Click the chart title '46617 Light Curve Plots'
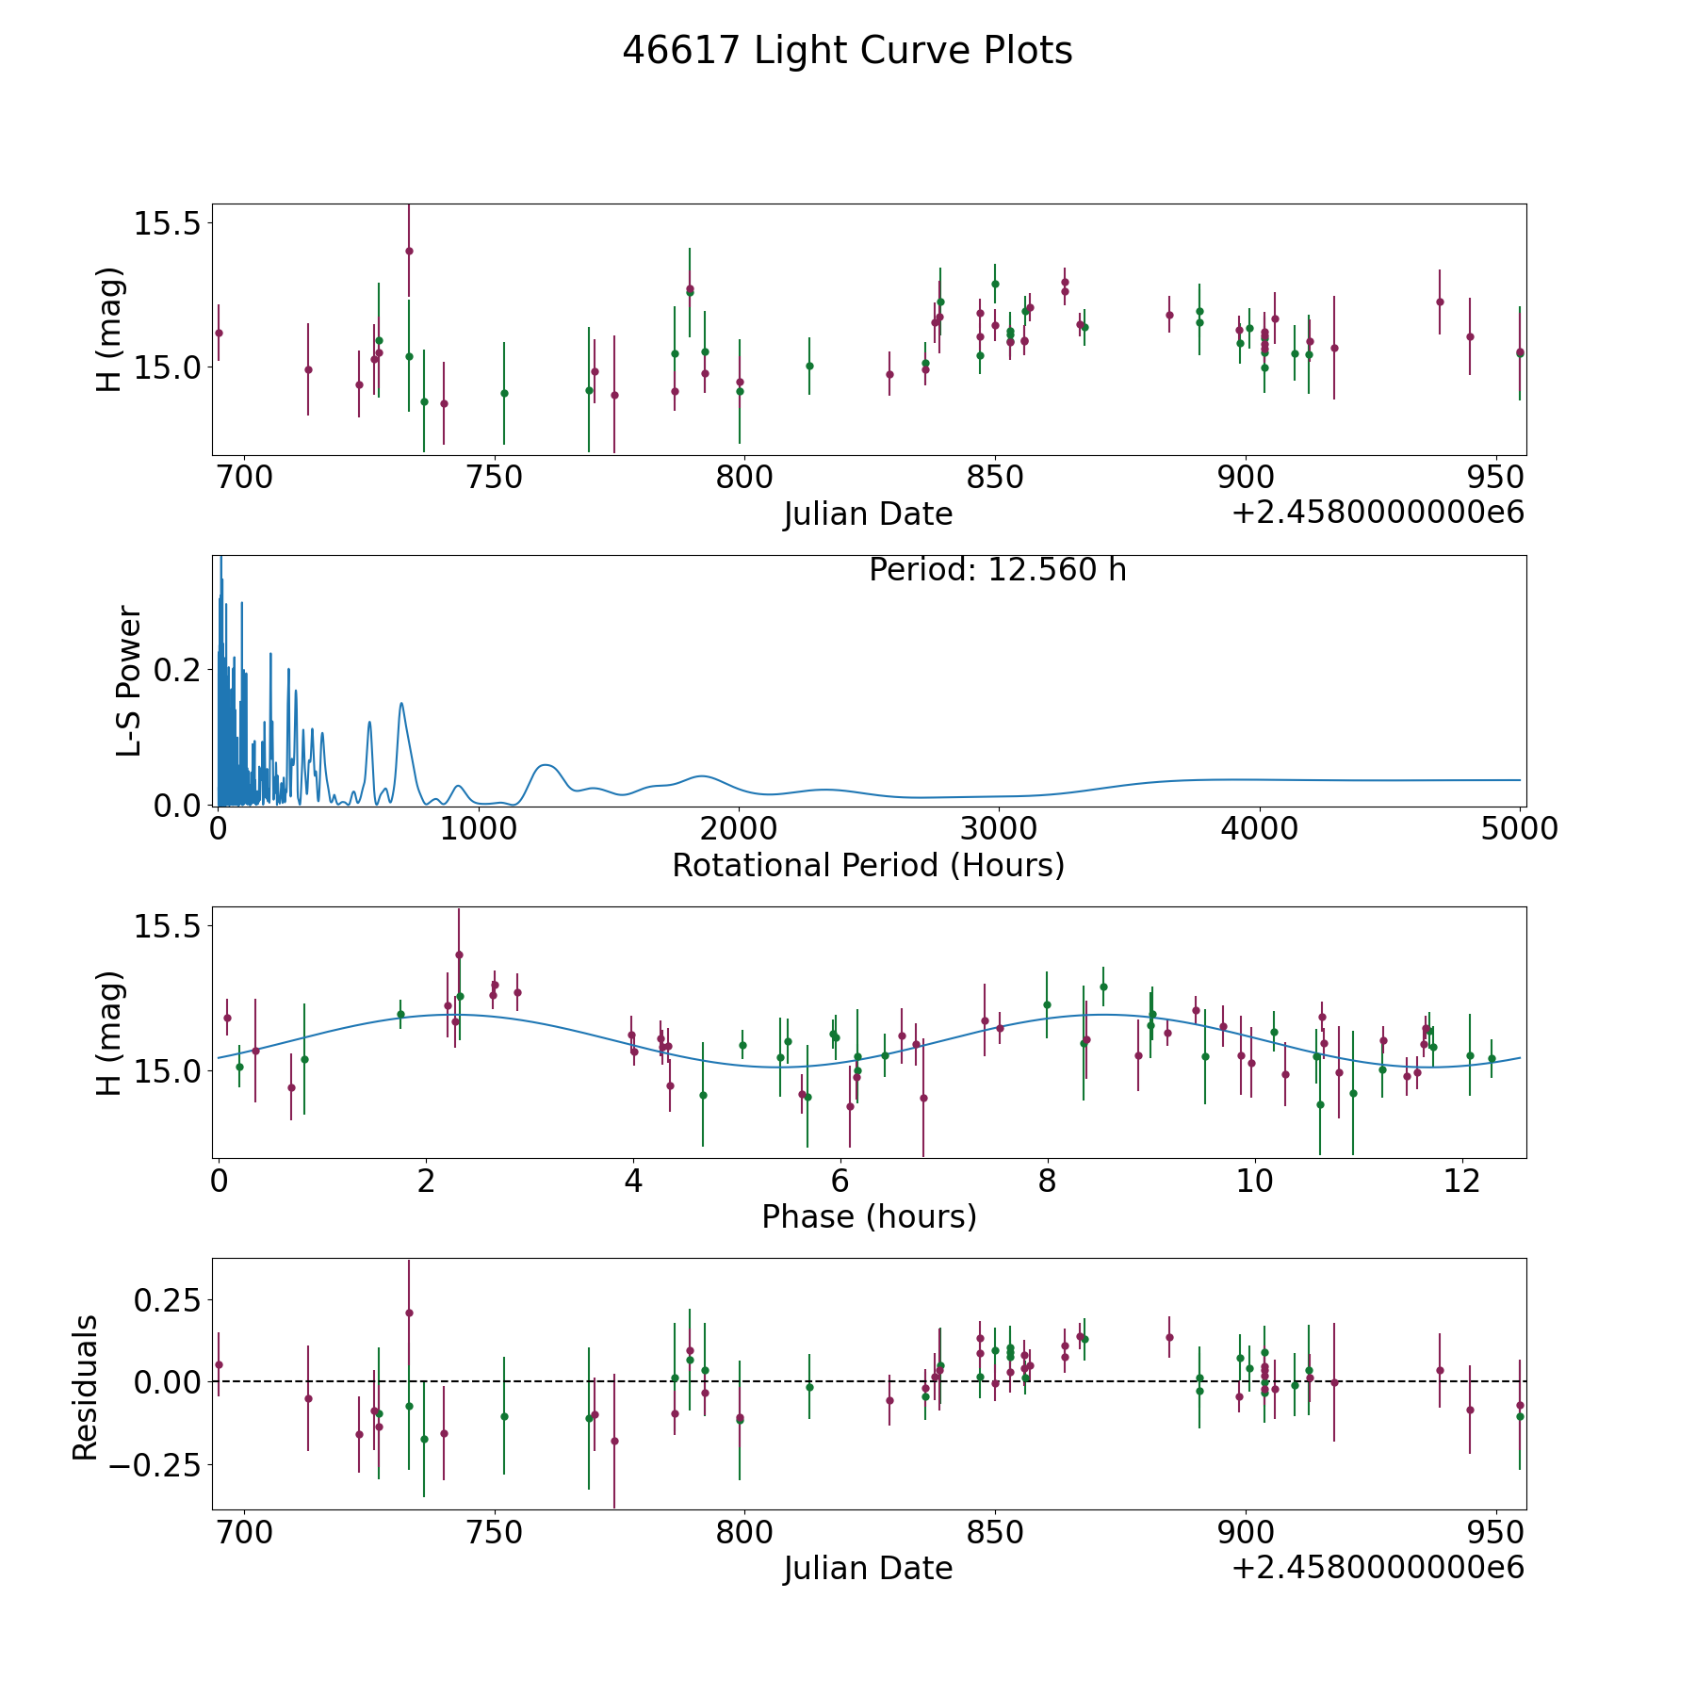[847, 51]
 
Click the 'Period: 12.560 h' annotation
[997, 570]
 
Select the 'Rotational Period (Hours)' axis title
[868, 865]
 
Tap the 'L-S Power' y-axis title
[129, 681]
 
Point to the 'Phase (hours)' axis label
[869, 1216]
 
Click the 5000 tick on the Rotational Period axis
[1520, 829]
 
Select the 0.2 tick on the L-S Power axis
[178, 670]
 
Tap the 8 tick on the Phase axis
[1047, 1181]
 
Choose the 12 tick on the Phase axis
[1461, 1181]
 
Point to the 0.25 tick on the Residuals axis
[167, 1299]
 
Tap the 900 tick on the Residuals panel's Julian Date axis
[1246, 1532]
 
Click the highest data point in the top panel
[409, 251]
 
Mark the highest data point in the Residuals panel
[409, 1313]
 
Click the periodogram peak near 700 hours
[401, 703]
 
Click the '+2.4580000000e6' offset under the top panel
[1378, 514]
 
